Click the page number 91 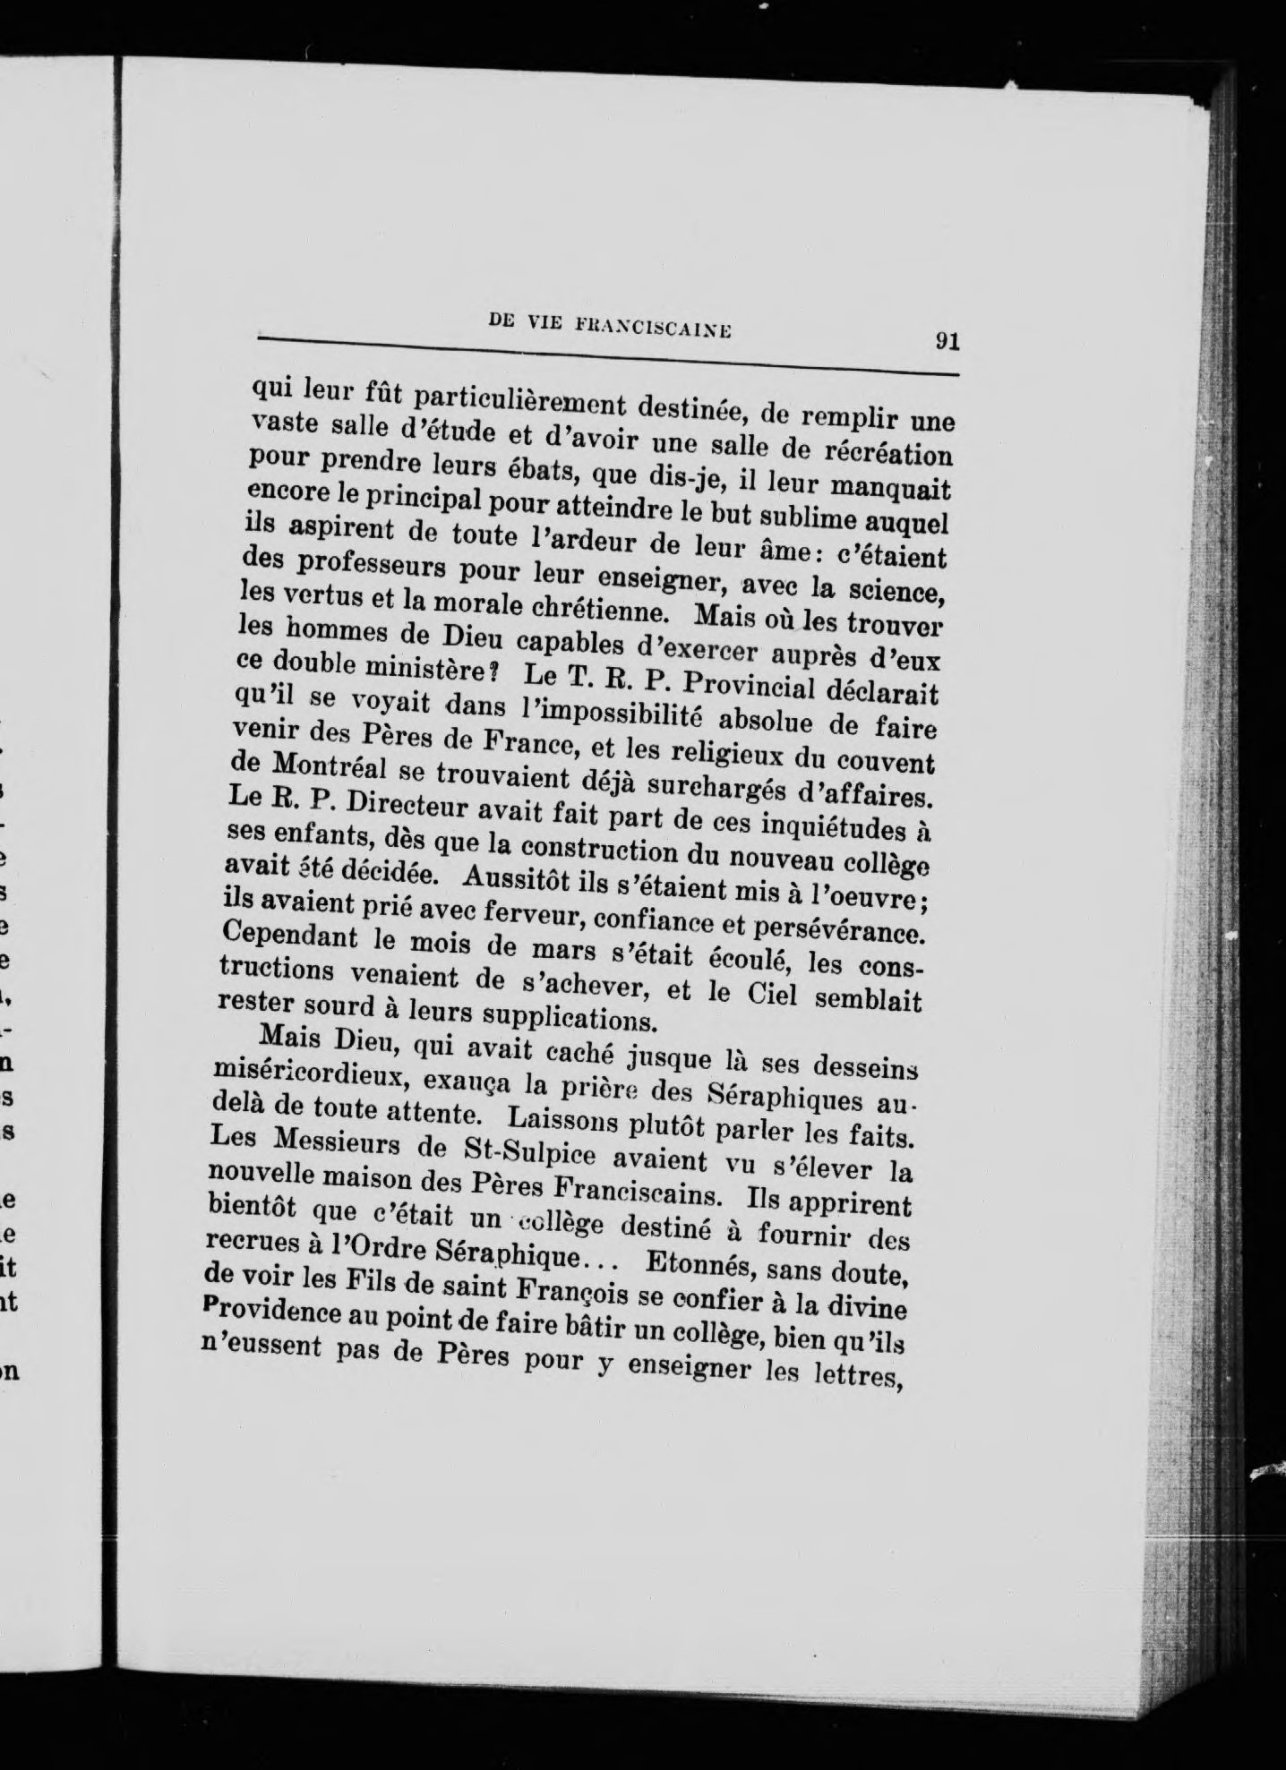946,341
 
